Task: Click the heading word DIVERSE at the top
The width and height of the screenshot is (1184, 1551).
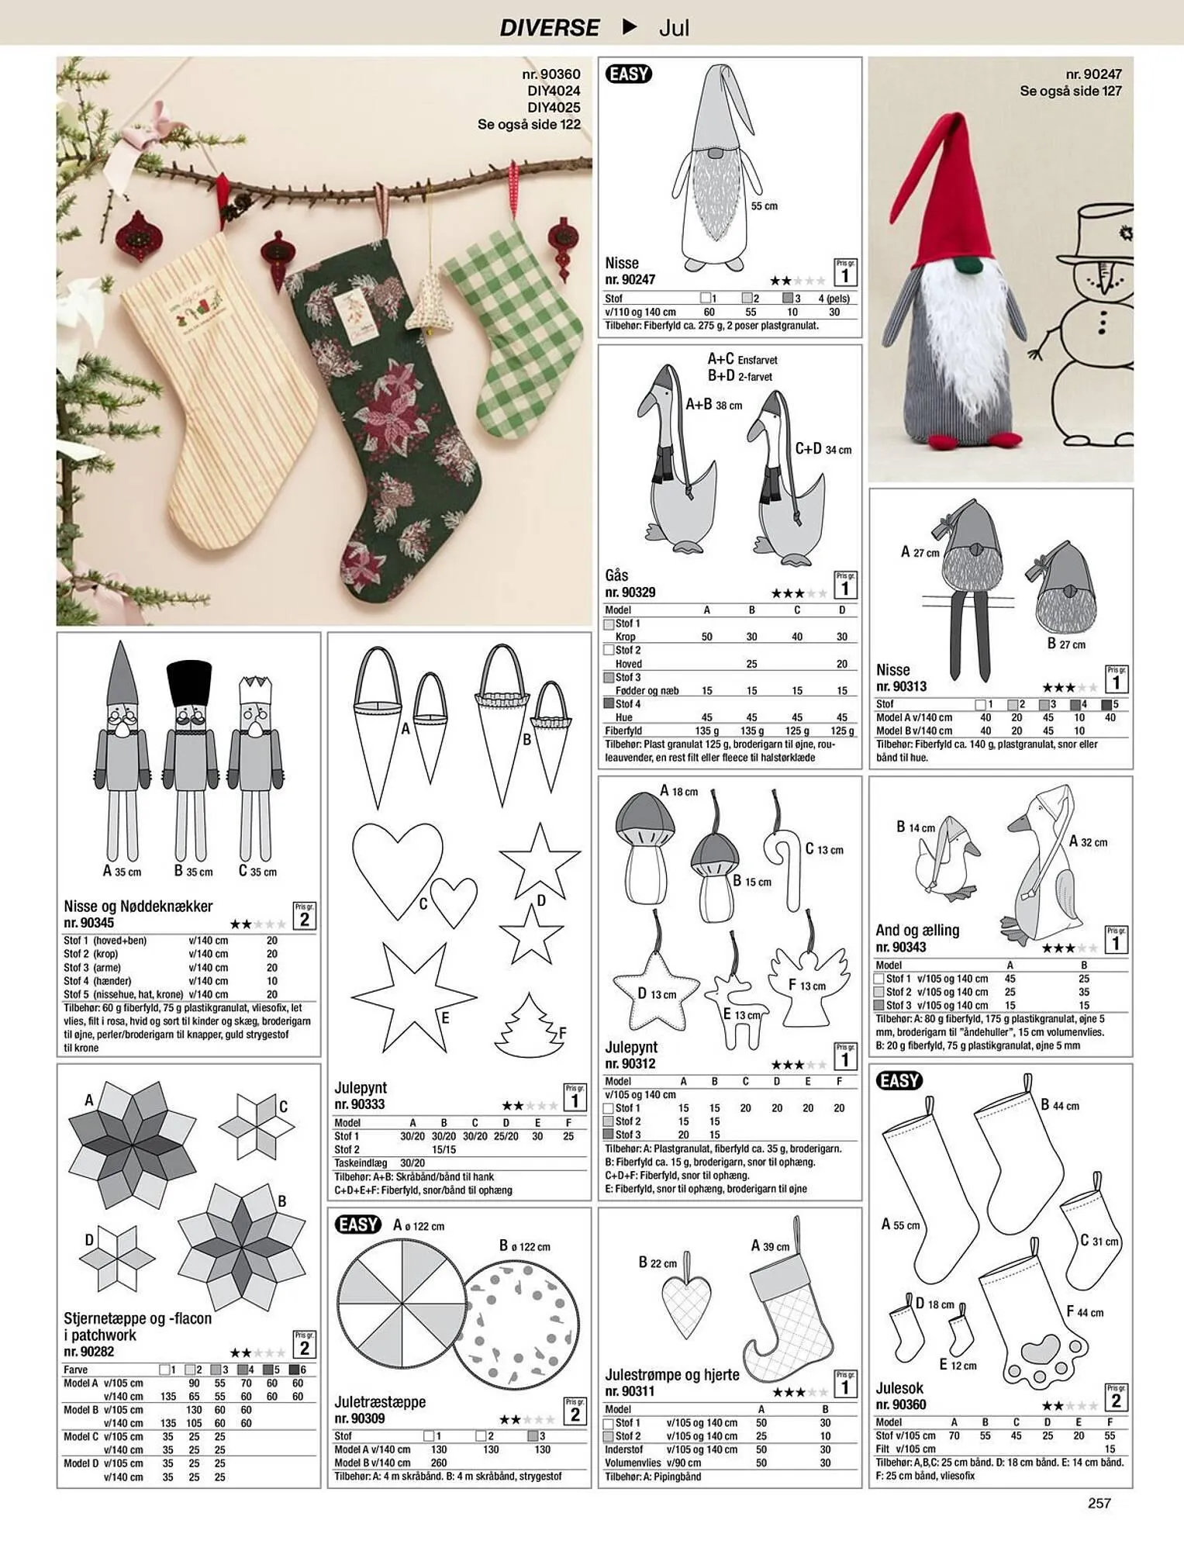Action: pos(549,28)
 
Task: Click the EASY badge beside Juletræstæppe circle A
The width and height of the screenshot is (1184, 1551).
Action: pos(358,1225)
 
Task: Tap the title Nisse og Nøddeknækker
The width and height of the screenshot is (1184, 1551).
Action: pos(138,906)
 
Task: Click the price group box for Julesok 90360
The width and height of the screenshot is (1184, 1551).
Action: pos(1116,1397)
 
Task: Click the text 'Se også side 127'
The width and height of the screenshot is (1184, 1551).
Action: pos(1071,91)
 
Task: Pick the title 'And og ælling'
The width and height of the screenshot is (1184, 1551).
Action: pos(917,930)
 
